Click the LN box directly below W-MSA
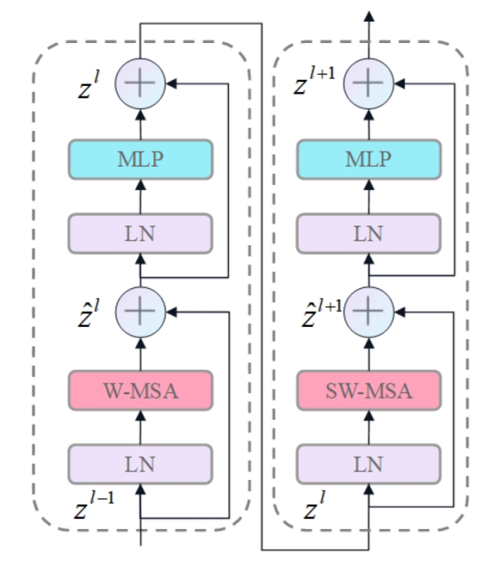click(x=141, y=464)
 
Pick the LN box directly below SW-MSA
click(x=369, y=464)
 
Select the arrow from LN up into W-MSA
click(x=141, y=427)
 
